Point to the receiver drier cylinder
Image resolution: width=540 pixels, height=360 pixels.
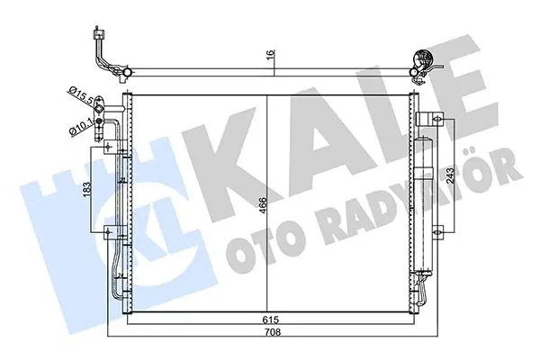422,207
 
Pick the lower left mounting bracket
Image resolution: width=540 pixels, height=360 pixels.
112,236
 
